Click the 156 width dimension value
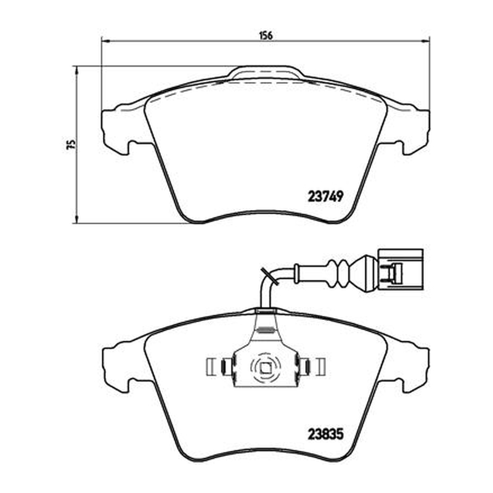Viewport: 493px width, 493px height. tap(266, 35)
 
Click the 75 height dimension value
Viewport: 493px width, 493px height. tap(73, 144)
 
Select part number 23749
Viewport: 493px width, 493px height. tap(325, 197)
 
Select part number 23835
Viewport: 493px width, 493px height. tap(325, 435)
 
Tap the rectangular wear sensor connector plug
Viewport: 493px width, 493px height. tap(400, 269)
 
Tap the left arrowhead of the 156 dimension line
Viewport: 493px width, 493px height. tap(104, 41)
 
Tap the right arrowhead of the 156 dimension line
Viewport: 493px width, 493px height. tap(426, 41)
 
